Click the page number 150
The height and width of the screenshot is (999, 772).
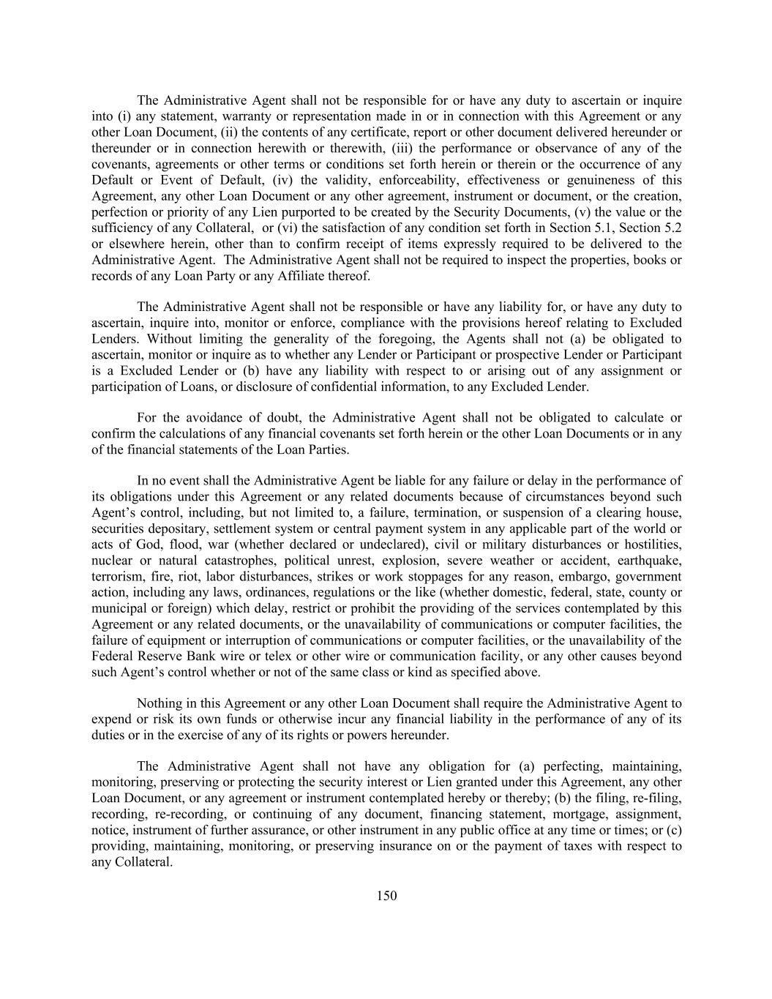tap(386, 896)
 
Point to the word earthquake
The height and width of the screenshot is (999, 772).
tap(650, 561)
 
